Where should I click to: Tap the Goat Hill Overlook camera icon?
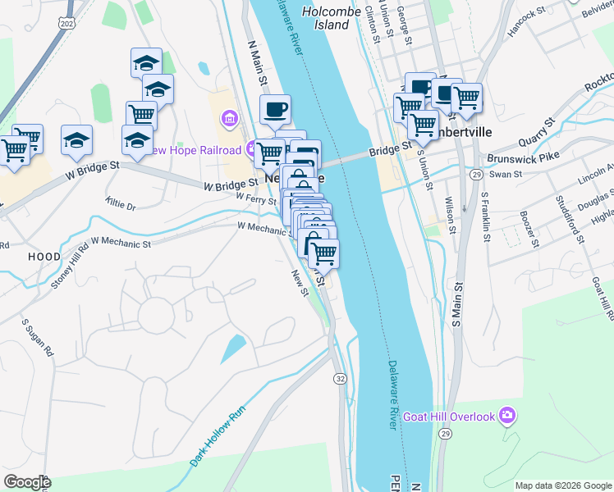pos(508,417)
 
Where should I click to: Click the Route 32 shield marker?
pos(339,378)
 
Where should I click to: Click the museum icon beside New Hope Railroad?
pos(229,121)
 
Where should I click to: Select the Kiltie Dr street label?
pos(121,202)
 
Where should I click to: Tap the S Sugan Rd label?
pos(38,337)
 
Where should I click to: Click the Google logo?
pos(27,482)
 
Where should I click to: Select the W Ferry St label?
pos(255,198)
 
